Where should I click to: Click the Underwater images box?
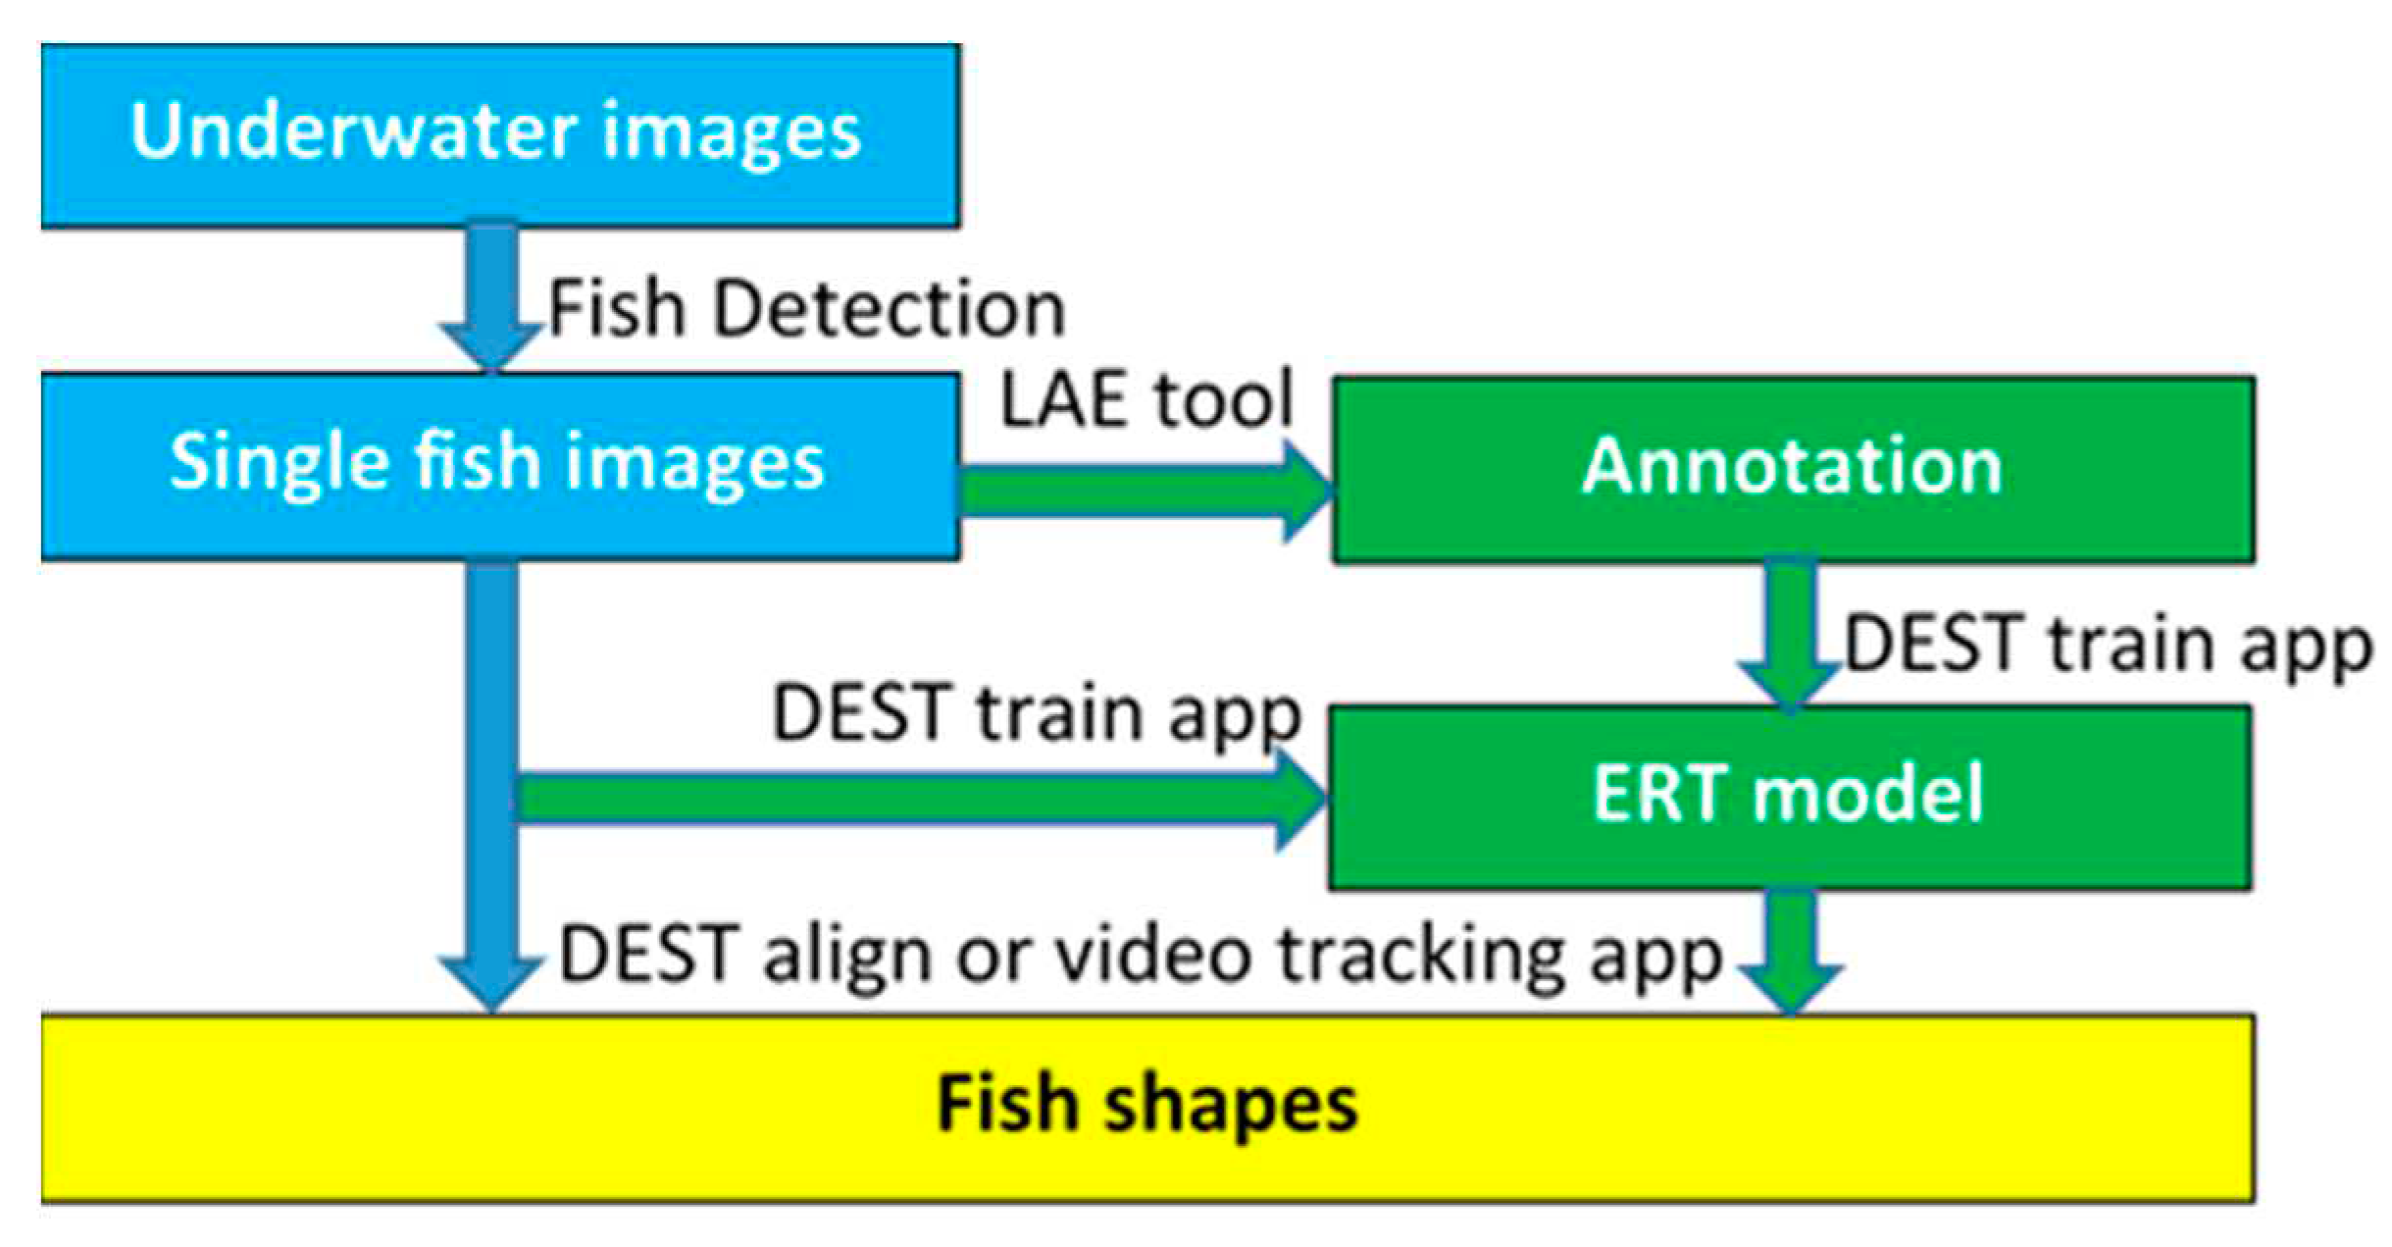500,134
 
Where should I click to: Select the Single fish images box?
500,465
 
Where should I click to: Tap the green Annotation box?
1793,468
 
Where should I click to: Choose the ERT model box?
1789,797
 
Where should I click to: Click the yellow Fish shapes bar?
1147,1107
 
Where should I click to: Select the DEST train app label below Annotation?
2109,646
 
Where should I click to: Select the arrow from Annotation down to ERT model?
1791,634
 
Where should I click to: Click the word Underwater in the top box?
354,132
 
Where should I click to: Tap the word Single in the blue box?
279,463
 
